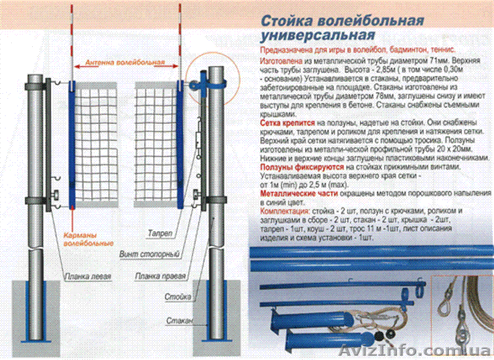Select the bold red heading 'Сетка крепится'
coord(284,124)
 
